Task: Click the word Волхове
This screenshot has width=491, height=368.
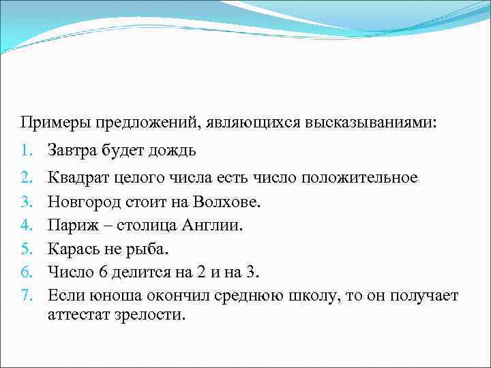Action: click(x=227, y=202)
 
